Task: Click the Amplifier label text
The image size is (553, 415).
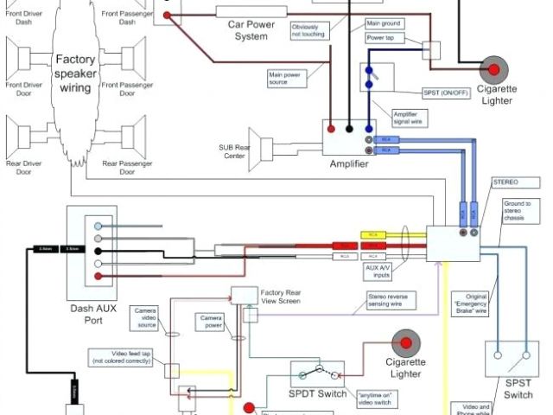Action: point(349,164)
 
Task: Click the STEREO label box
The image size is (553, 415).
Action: point(505,183)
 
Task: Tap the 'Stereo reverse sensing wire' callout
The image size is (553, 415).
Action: point(393,299)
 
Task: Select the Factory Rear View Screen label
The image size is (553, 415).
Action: point(282,297)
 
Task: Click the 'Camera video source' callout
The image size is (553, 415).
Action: point(144,317)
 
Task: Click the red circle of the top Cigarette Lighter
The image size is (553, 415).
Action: point(493,68)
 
